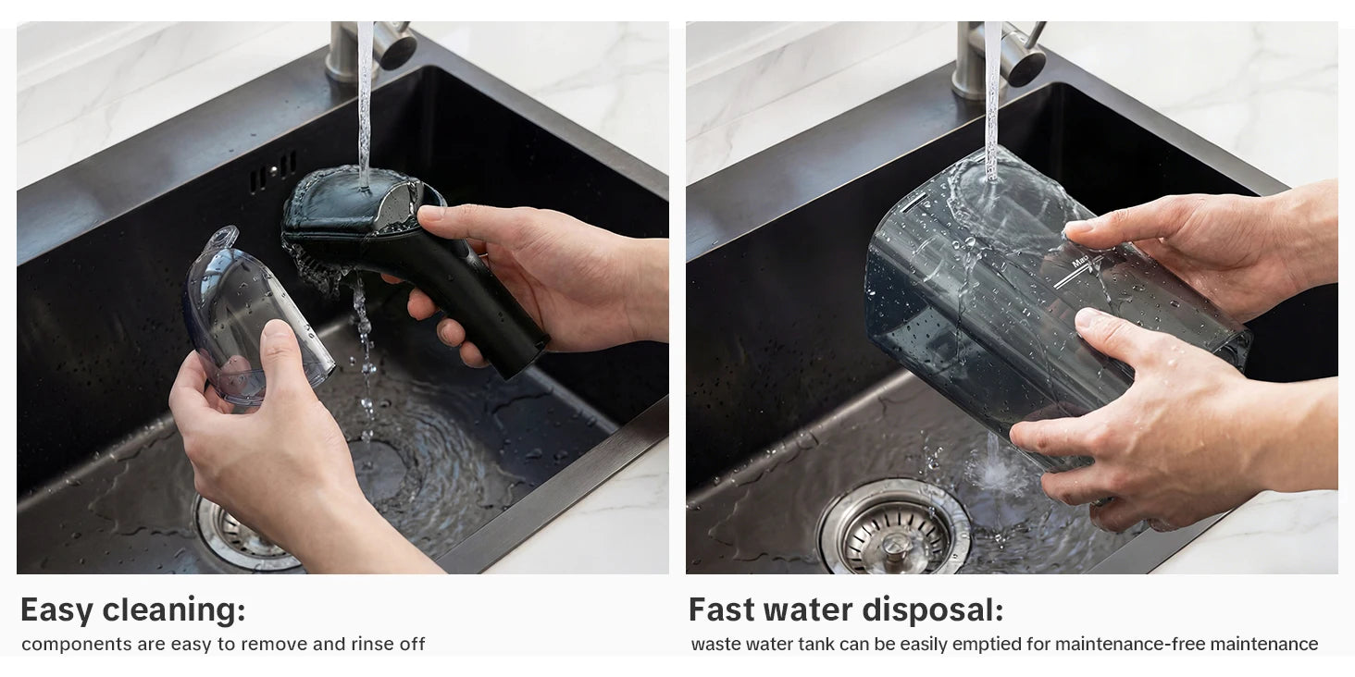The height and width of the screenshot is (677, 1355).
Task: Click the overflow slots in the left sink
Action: [273, 171]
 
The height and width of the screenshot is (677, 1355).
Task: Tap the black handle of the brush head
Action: [478, 296]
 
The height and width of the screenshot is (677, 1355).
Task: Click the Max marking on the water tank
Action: [1080, 262]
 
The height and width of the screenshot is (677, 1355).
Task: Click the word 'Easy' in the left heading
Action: [56, 609]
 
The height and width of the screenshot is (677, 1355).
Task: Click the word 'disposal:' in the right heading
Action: [933, 609]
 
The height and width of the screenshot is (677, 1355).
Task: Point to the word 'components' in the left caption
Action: [76, 645]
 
